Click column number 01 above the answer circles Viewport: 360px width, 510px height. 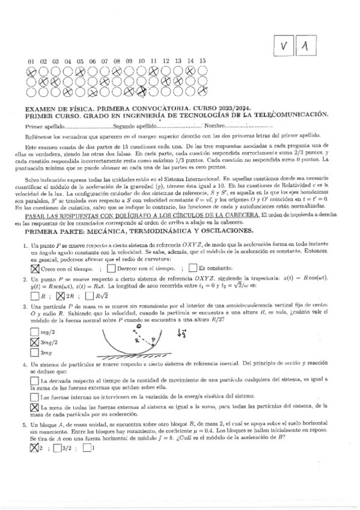tap(31, 61)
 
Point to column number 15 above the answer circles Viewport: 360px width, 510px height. tap(203, 61)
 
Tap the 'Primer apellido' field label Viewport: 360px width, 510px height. tap(44, 127)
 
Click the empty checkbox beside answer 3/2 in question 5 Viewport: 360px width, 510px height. tap(56, 446)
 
